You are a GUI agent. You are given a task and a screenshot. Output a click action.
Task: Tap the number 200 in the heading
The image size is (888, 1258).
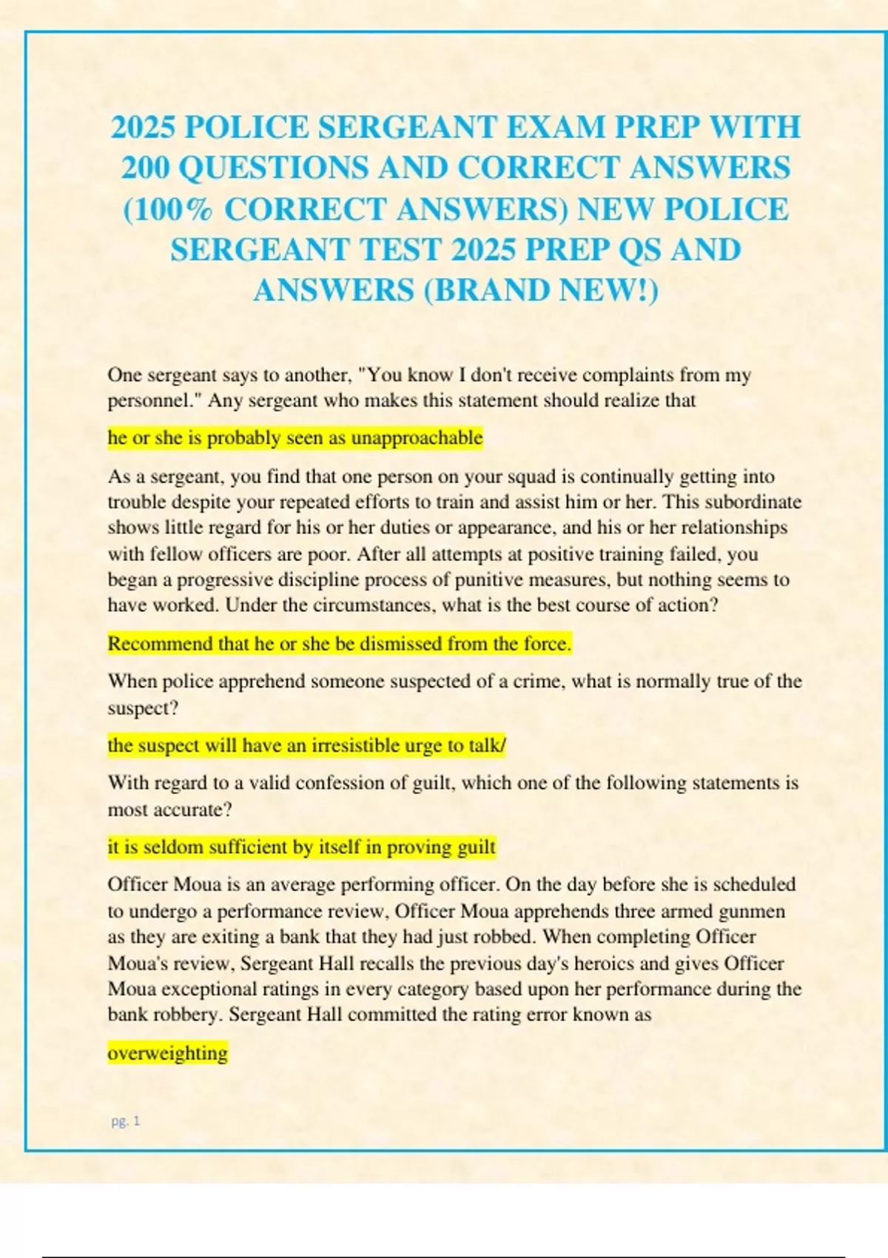click(146, 168)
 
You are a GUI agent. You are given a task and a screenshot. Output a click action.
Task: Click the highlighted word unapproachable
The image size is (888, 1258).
click(417, 438)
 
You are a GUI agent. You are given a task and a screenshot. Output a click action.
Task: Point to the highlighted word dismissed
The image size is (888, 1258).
click(400, 644)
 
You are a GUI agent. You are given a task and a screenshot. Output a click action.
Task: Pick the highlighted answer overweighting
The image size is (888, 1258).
click(167, 1053)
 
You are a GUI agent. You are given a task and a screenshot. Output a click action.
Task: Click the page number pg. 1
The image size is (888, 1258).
click(125, 1121)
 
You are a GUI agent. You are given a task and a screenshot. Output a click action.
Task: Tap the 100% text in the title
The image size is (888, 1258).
click(167, 209)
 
